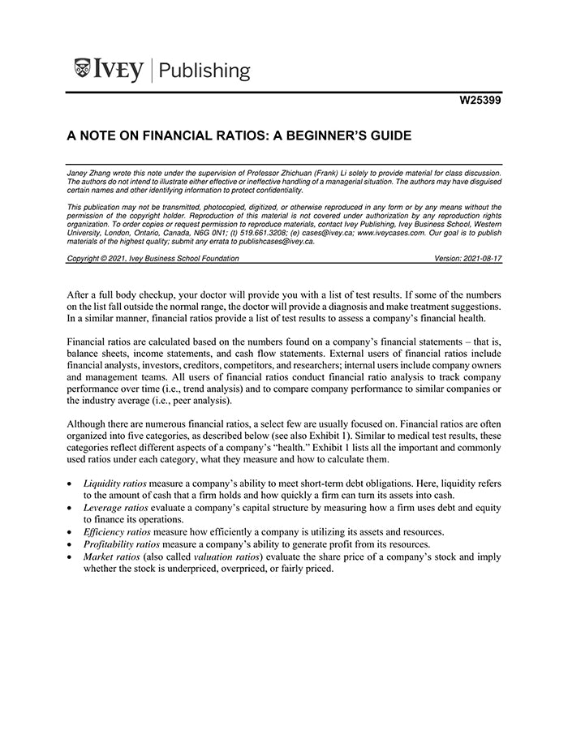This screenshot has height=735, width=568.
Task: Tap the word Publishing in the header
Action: click(x=204, y=71)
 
